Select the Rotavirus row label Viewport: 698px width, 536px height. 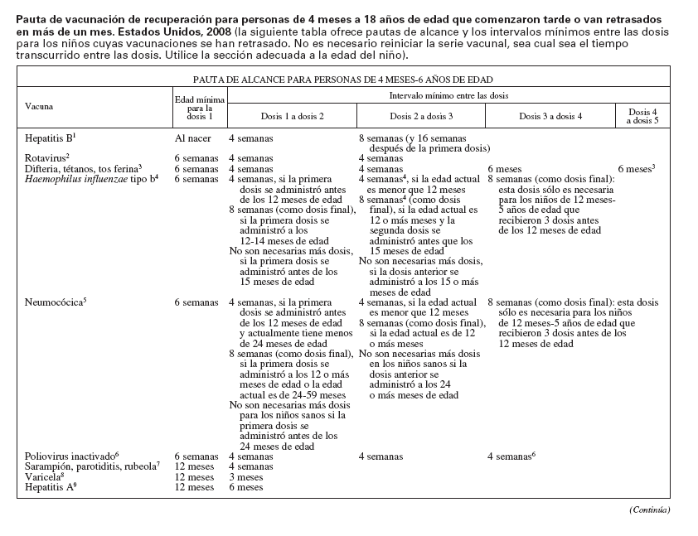[x=47, y=157]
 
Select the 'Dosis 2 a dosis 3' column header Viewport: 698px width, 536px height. [x=421, y=116]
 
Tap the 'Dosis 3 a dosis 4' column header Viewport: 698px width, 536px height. [x=550, y=116]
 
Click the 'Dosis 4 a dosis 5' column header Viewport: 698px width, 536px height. [x=642, y=116]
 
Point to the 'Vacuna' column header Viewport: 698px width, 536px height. [x=39, y=107]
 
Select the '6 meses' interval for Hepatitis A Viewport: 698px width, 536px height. [x=245, y=488]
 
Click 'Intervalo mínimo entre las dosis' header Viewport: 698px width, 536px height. [x=448, y=96]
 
